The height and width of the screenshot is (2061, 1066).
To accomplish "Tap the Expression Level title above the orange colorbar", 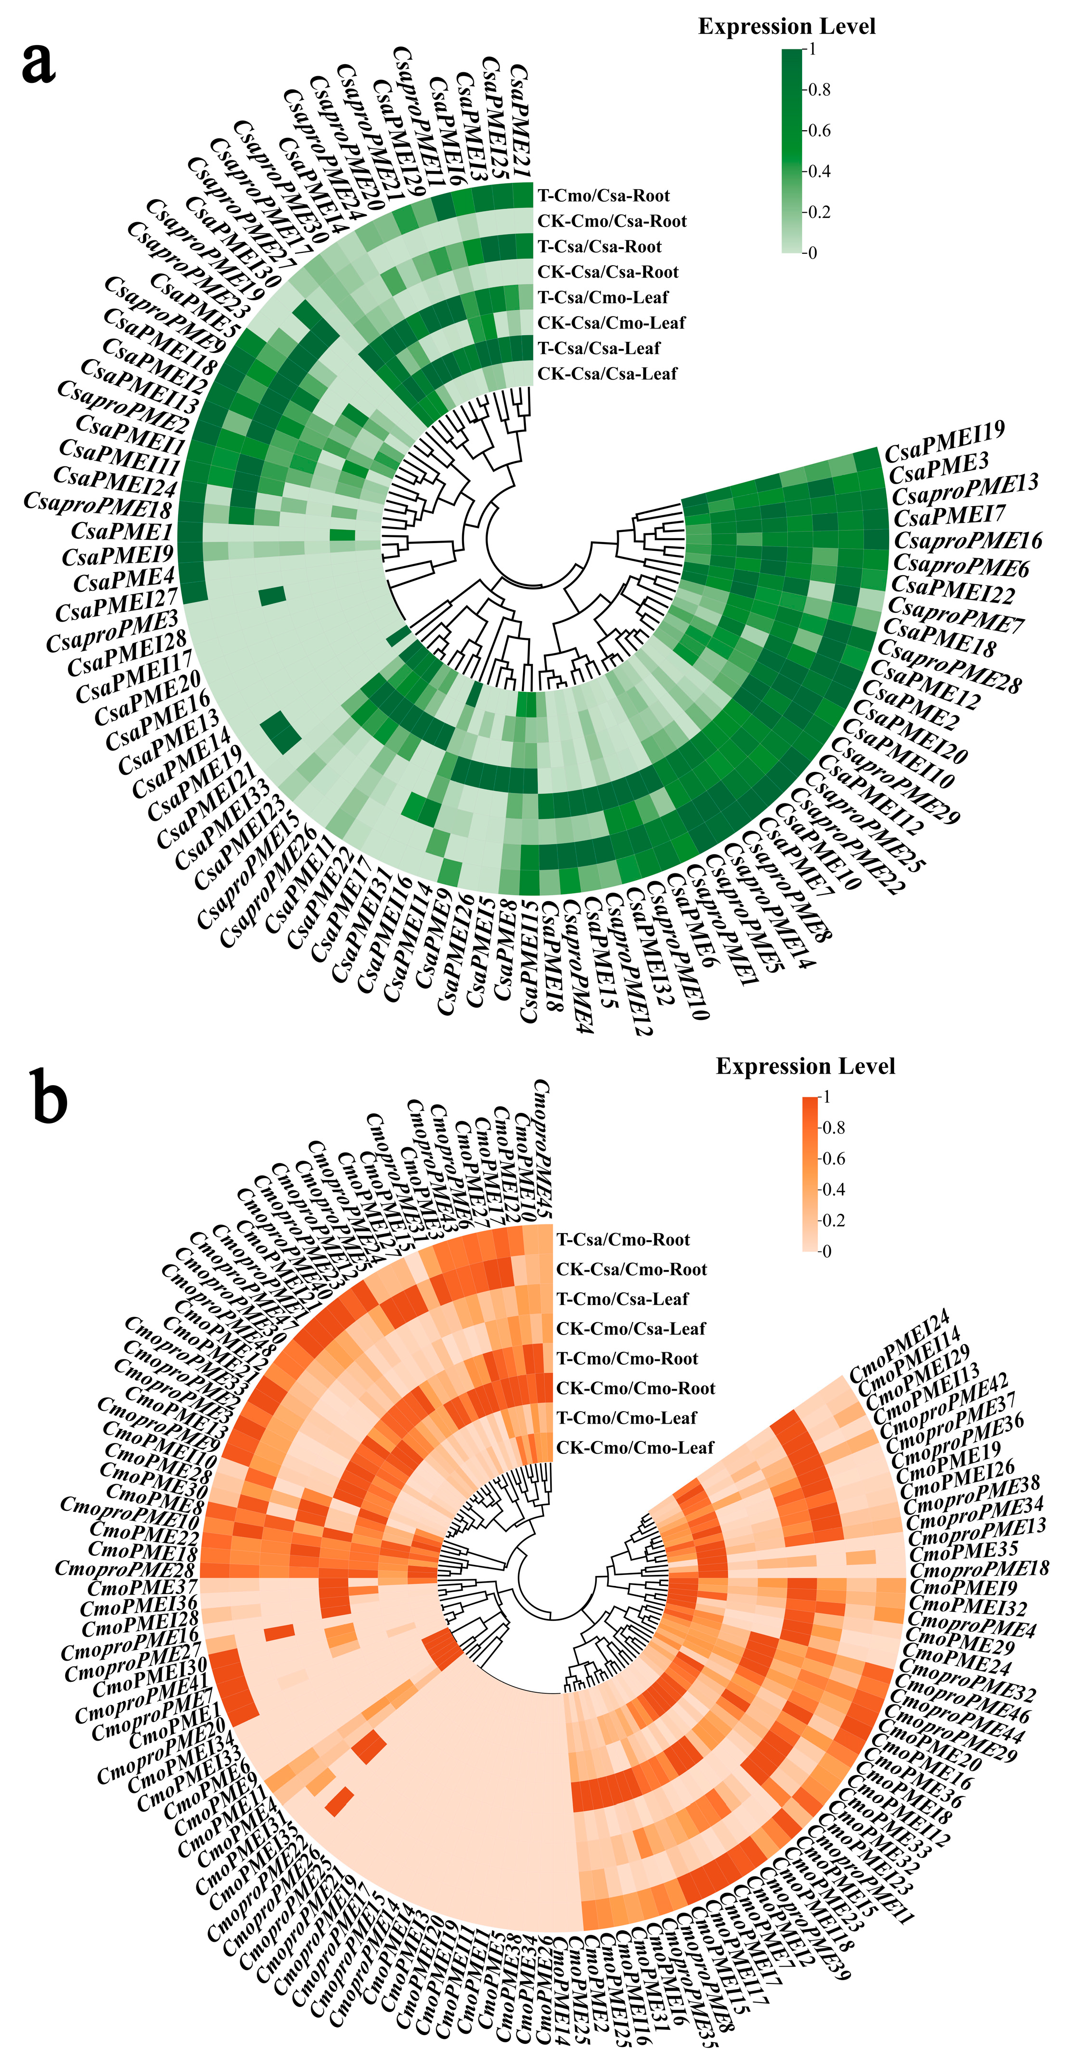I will point(805,1066).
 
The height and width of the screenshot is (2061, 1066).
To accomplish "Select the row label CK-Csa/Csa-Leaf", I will point(607,374).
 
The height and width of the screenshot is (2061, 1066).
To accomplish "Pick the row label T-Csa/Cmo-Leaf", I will point(602,298).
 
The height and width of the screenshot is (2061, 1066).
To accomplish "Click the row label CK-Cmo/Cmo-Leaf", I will point(635,1447).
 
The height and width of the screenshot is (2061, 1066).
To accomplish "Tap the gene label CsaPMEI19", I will point(944,442).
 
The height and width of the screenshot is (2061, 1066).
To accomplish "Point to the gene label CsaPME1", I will point(122,531).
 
